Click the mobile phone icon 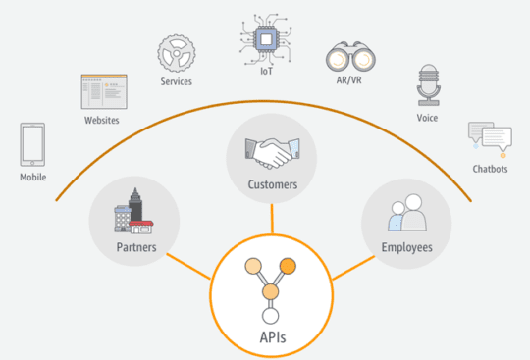33,144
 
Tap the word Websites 101,120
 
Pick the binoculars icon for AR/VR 344,59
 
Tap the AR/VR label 344,87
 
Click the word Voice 427,119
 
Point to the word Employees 406,247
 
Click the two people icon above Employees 405,215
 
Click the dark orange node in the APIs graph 288,266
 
